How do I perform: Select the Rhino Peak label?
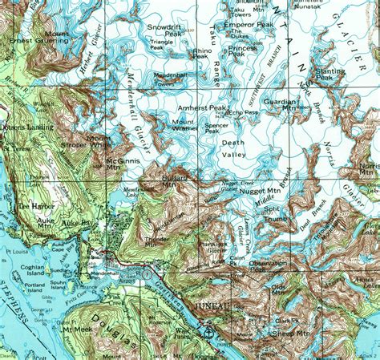(200, 54)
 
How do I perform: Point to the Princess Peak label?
(242, 52)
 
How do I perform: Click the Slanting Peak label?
(329, 75)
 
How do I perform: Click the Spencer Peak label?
(216, 127)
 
